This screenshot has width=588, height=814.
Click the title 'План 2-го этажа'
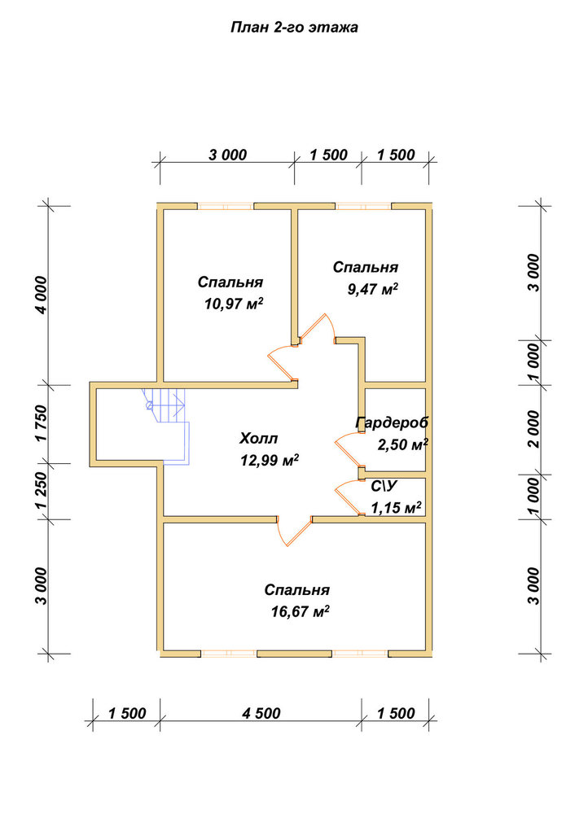294,27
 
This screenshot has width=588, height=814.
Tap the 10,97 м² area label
234,304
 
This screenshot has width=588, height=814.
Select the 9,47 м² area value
372,289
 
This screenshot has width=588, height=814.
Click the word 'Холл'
258,439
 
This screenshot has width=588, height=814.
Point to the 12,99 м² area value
269,460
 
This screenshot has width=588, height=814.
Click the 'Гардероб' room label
393,423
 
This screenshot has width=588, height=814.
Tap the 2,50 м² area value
402,445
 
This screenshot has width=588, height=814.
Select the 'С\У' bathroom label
384,487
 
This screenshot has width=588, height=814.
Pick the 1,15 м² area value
396,507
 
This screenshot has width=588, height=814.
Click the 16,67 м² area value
301,611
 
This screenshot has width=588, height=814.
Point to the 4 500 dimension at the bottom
261,713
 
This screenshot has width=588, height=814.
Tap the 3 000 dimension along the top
227,155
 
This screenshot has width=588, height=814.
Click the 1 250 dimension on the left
42,490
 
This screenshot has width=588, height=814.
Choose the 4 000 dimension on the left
41,295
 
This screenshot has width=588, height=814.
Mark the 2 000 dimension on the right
533,429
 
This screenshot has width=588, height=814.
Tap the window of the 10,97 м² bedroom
226,206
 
